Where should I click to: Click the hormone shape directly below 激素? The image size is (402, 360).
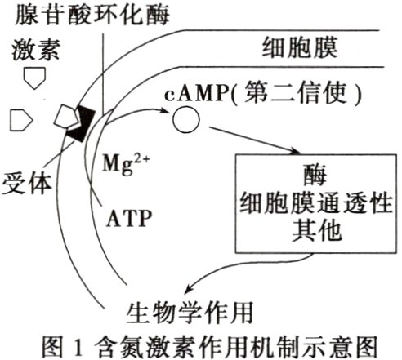pyautogui.click(x=33, y=78)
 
